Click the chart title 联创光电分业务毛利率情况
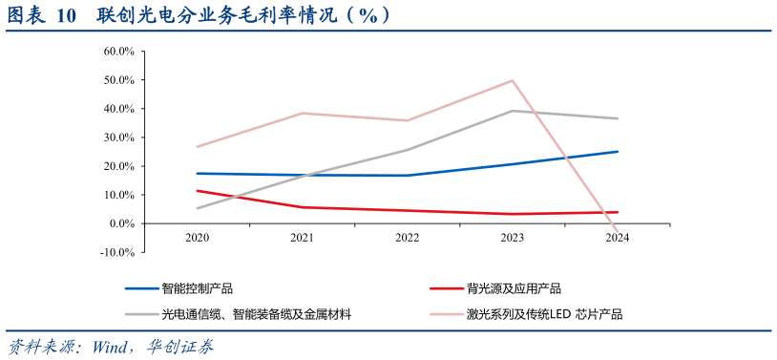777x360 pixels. pyautogui.click(x=229, y=16)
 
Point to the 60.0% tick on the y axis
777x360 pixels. pyautogui.click(x=119, y=52)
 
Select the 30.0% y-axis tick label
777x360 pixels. pyautogui.click(x=119, y=138)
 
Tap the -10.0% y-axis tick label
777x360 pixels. pyautogui.click(x=118, y=252)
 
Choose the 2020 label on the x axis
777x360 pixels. pyautogui.click(x=197, y=238)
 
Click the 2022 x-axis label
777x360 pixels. pyautogui.click(x=408, y=238)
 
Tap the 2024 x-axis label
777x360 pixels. pyautogui.click(x=618, y=238)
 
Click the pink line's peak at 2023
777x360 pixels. pyautogui.click(x=513, y=80)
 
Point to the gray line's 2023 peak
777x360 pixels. pyautogui.click(x=513, y=111)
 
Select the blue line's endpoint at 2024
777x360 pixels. pyautogui.click(x=618, y=152)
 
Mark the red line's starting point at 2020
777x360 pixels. pyautogui.click(x=197, y=191)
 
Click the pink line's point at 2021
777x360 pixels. pyautogui.click(x=302, y=114)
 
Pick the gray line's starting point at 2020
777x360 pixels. pyautogui.click(x=197, y=208)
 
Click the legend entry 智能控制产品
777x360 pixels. pyautogui.click(x=197, y=288)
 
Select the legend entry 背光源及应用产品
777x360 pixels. pyautogui.click(x=514, y=288)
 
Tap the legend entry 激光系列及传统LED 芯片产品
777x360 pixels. pyautogui.click(x=544, y=313)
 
